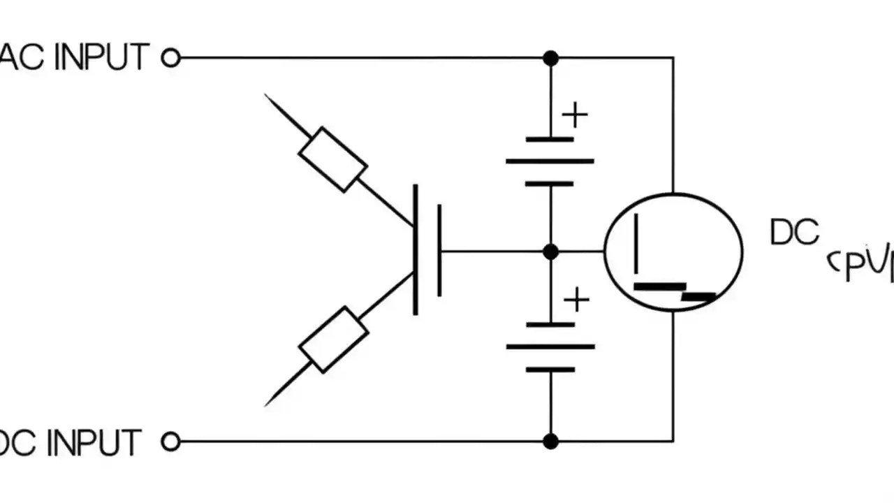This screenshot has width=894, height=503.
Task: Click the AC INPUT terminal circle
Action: (x=171, y=58)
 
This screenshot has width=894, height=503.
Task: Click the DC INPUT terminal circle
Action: (x=171, y=442)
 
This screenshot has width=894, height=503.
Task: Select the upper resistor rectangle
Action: (x=332, y=159)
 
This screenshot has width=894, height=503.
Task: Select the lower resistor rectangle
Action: (x=333, y=339)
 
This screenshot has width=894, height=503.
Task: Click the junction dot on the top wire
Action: (x=551, y=58)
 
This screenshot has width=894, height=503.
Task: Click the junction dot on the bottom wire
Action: (x=551, y=441)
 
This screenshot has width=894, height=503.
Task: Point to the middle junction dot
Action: (x=551, y=251)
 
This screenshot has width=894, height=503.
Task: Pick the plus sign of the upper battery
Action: (x=575, y=115)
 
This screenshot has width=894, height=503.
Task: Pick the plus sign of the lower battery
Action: (x=576, y=300)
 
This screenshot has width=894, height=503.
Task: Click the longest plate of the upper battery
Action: (x=550, y=161)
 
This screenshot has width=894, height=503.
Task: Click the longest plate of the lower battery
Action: (x=550, y=347)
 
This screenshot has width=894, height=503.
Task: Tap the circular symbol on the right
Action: (x=673, y=252)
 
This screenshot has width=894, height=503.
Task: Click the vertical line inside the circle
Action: (x=636, y=245)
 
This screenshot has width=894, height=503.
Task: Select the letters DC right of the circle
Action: (x=794, y=233)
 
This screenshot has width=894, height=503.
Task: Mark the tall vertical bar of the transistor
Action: (x=416, y=249)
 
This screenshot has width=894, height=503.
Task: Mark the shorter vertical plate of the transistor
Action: (x=439, y=251)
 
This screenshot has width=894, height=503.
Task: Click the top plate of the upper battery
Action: (x=550, y=140)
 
